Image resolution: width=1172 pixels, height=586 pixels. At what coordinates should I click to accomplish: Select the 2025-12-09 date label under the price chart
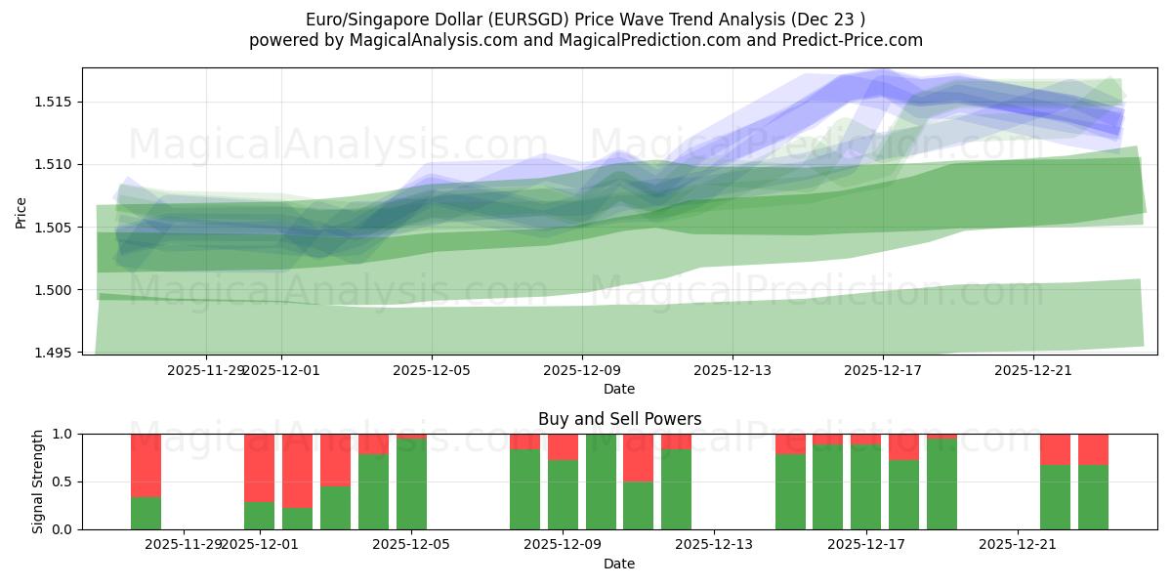click(582, 370)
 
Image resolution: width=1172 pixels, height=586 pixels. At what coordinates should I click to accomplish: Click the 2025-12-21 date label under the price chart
click(1033, 370)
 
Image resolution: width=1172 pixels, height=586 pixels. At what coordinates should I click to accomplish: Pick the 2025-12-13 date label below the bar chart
click(714, 544)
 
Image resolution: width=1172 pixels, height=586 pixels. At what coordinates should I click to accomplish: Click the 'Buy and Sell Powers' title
click(619, 419)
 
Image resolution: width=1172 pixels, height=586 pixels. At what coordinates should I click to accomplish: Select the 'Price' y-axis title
click(21, 211)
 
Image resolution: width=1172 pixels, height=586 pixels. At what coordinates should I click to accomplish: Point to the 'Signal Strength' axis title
click(38, 481)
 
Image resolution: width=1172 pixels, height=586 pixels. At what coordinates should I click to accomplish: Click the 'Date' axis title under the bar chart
click(619, 564)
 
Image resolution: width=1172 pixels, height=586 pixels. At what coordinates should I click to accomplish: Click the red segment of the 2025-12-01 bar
click(259, 467)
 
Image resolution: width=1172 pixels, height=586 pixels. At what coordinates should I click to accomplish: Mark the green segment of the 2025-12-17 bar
click(865, 487)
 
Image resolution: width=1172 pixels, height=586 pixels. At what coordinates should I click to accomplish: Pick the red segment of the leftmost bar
click(146, 465)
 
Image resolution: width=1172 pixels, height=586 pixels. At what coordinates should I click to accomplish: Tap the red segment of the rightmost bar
click(1093, 448)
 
